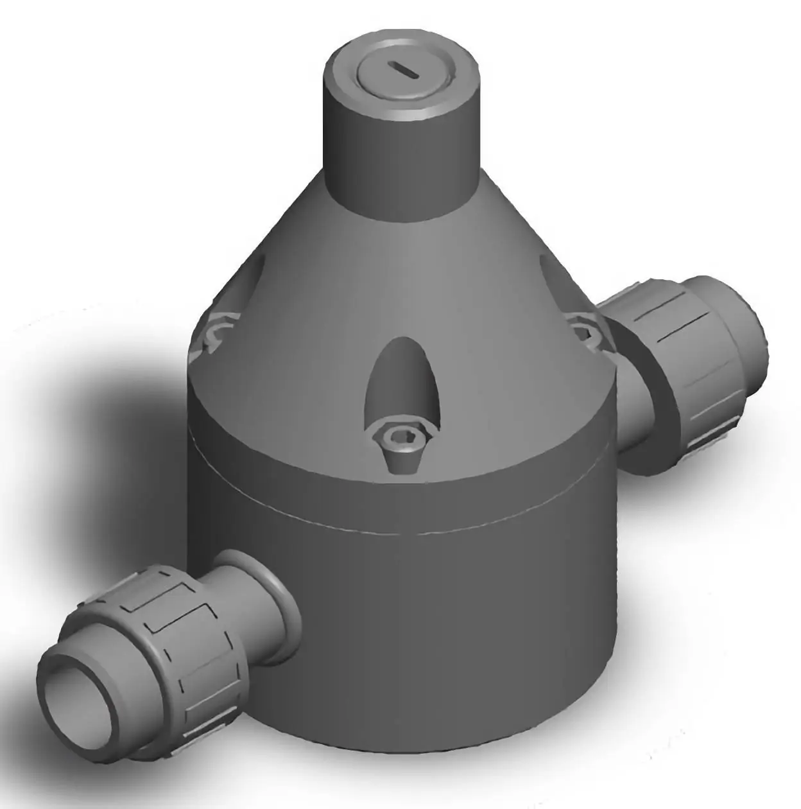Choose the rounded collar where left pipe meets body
click(282, 600)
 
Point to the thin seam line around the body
click(398, 523)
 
